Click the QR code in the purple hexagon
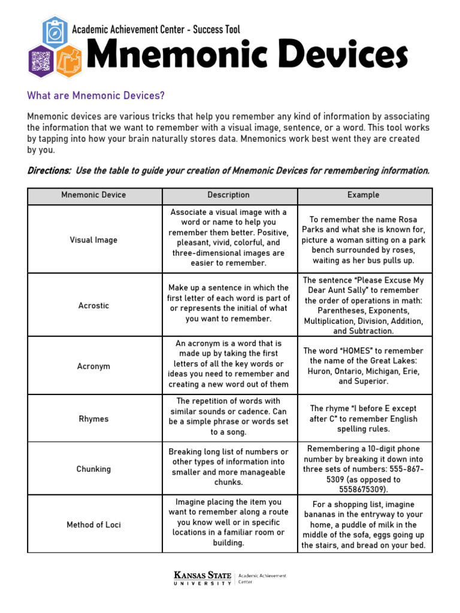tap(41, 60)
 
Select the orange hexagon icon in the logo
tap(67, 60)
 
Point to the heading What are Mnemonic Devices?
tap(96, 96)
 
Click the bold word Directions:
tap(50, 171)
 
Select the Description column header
tap(228, 195)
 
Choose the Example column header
tap(364, 195)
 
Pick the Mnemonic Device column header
tap(93, 195)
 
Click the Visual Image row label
tap(93, 240)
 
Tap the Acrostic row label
tap(93, 305)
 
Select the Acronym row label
tap(93, 366)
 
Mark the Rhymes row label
tap(93, 419)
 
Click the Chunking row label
tap(93, 469)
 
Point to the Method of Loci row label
tap(93, 525)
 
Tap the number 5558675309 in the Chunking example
tap(364, 490)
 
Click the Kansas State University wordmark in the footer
tap(202, 579)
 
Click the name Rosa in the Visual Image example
tap(405, 220)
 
